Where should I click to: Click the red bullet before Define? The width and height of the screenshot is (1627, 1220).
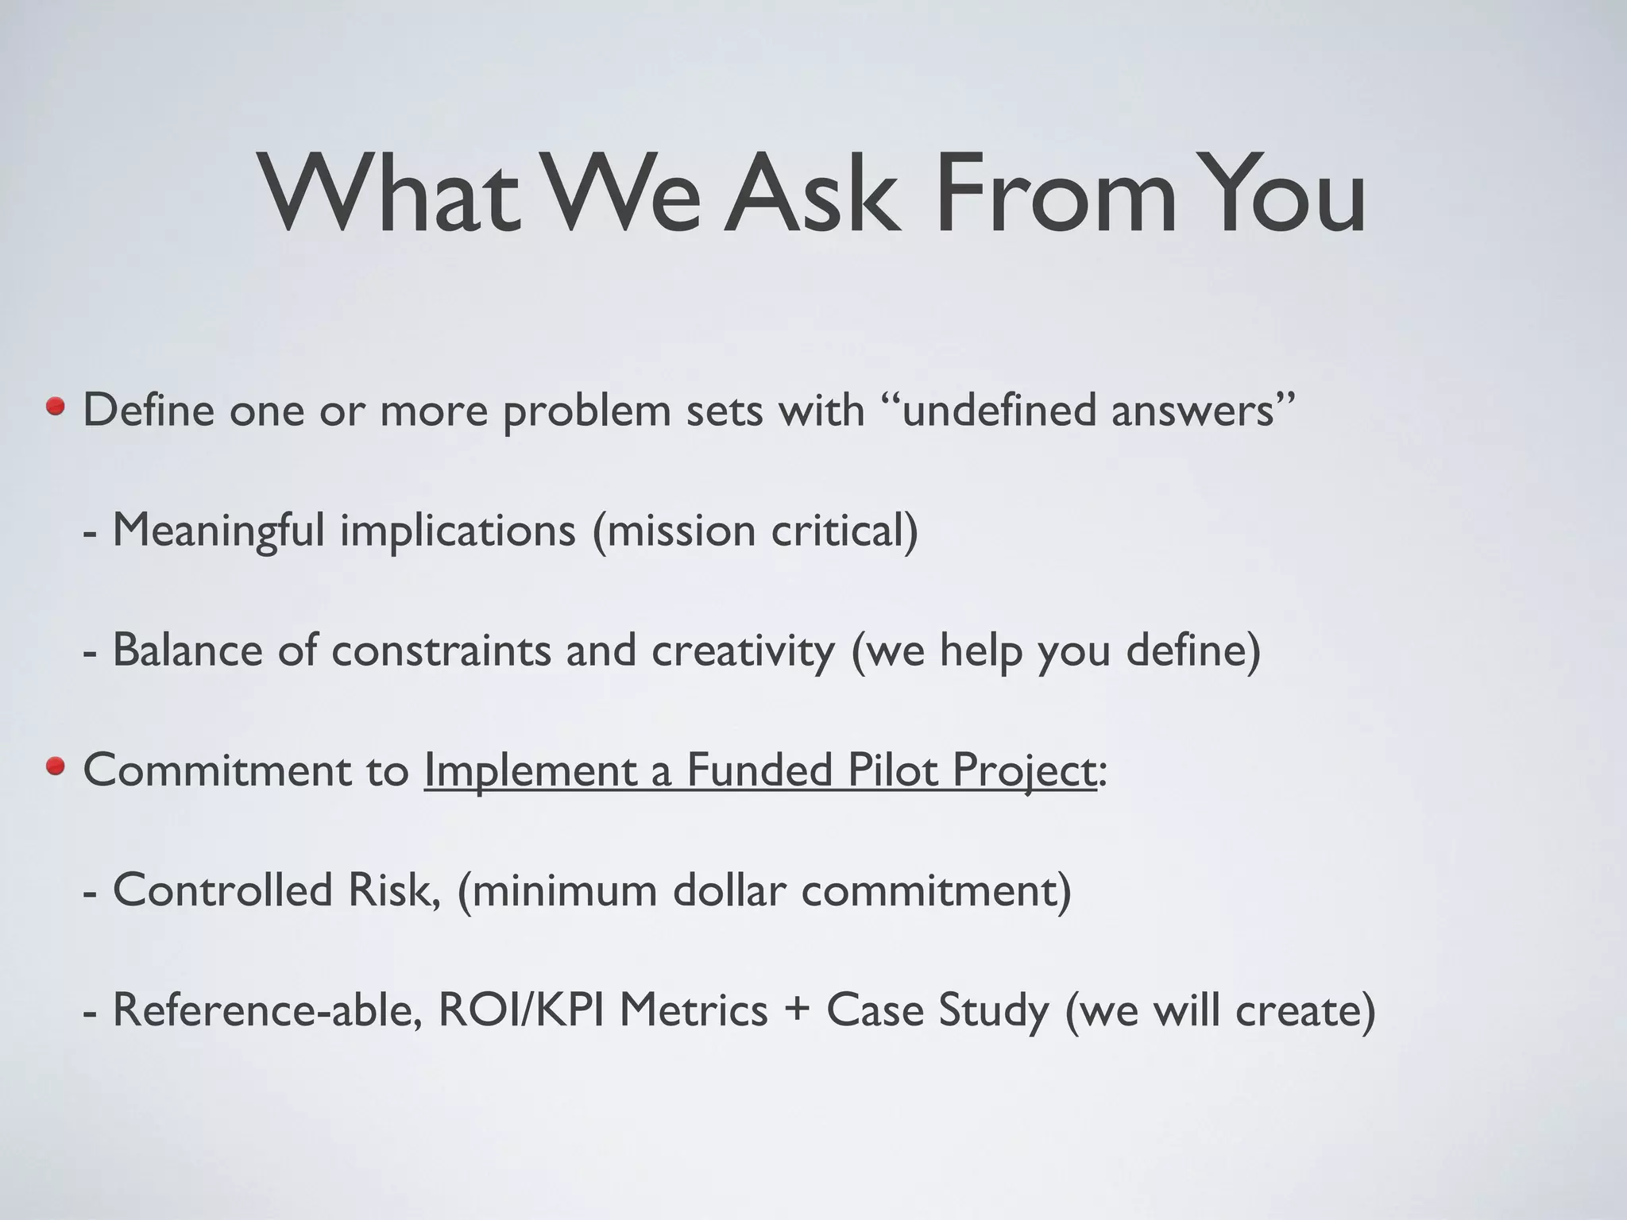(x=56, y=408)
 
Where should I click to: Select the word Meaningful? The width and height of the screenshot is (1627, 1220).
(x=218, y=530)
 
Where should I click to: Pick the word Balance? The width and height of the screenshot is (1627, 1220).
(x=187, y=650)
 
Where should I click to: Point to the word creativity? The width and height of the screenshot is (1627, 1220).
(x=743, y=650)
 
